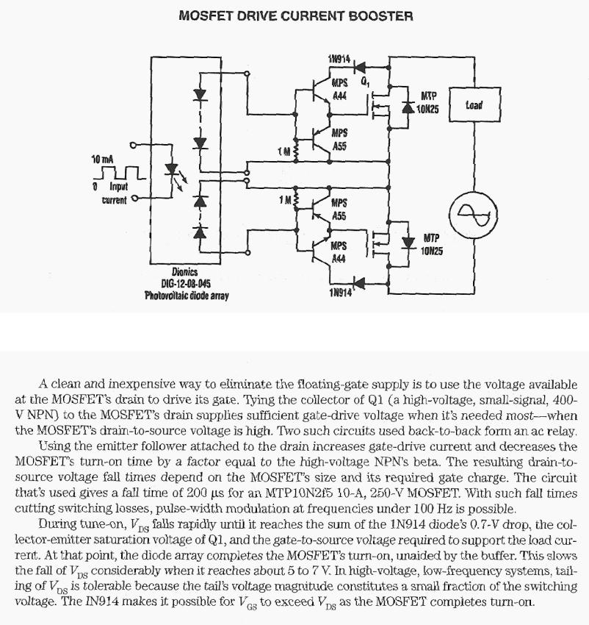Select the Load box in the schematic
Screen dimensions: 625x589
tap(474, 106)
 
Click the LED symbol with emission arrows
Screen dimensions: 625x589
tap(173, 171)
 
